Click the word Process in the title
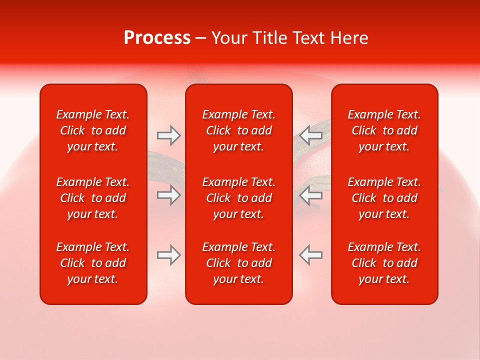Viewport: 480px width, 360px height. coord(157,38)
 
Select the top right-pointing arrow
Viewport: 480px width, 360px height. coord(168,135)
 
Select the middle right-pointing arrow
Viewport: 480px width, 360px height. coord(168,195)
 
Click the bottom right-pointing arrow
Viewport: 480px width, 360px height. coord(168,255)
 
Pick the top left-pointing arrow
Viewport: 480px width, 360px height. coord(310,135)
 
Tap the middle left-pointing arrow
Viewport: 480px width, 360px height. coord(310,195)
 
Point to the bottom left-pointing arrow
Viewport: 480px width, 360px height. coord(310,255)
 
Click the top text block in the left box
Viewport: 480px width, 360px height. coord(93,130)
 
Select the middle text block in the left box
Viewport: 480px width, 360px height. coord(93,198)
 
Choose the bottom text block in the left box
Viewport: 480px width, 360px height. coord(93,263)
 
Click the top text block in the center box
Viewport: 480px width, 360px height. coord(239,130)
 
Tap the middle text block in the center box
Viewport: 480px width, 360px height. coord(239,198)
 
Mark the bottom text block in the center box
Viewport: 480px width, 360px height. coord(239,263)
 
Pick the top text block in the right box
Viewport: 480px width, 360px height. coord(384,130)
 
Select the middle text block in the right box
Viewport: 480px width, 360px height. coord(384,198)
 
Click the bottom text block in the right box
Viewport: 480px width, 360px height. coord(384,263)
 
